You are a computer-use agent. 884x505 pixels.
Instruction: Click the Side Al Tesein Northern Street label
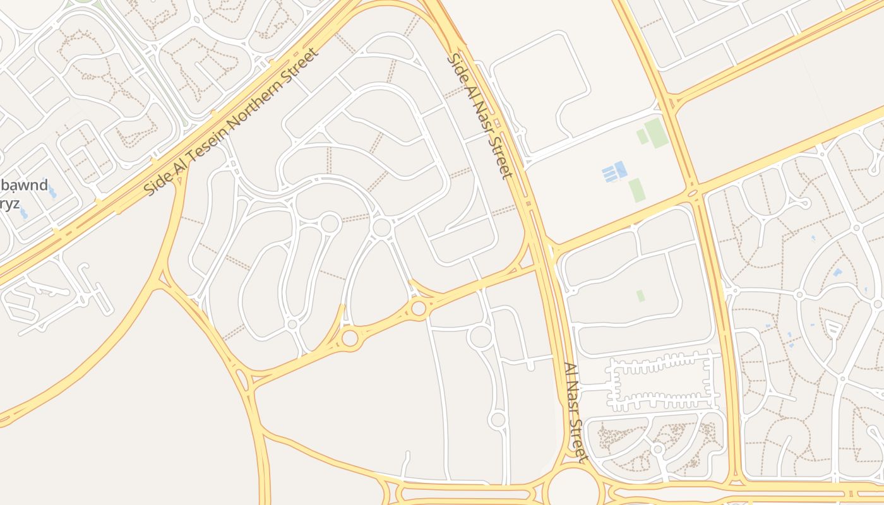point(231,121)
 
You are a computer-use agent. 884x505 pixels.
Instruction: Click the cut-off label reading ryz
point(9,203)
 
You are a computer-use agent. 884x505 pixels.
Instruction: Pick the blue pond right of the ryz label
point(24,212)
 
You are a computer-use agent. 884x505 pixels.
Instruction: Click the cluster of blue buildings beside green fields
point(614,171)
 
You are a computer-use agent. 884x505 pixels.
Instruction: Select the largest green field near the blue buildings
point(657,133)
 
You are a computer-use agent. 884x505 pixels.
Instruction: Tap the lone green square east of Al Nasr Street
point(640,295)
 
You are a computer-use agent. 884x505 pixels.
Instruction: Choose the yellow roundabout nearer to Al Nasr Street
point(418,308)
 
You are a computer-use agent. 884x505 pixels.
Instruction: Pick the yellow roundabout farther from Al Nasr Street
point(350,338)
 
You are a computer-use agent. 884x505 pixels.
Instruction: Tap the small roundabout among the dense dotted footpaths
point(658,449)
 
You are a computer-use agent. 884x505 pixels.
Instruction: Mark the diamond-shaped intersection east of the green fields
point(694,192)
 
